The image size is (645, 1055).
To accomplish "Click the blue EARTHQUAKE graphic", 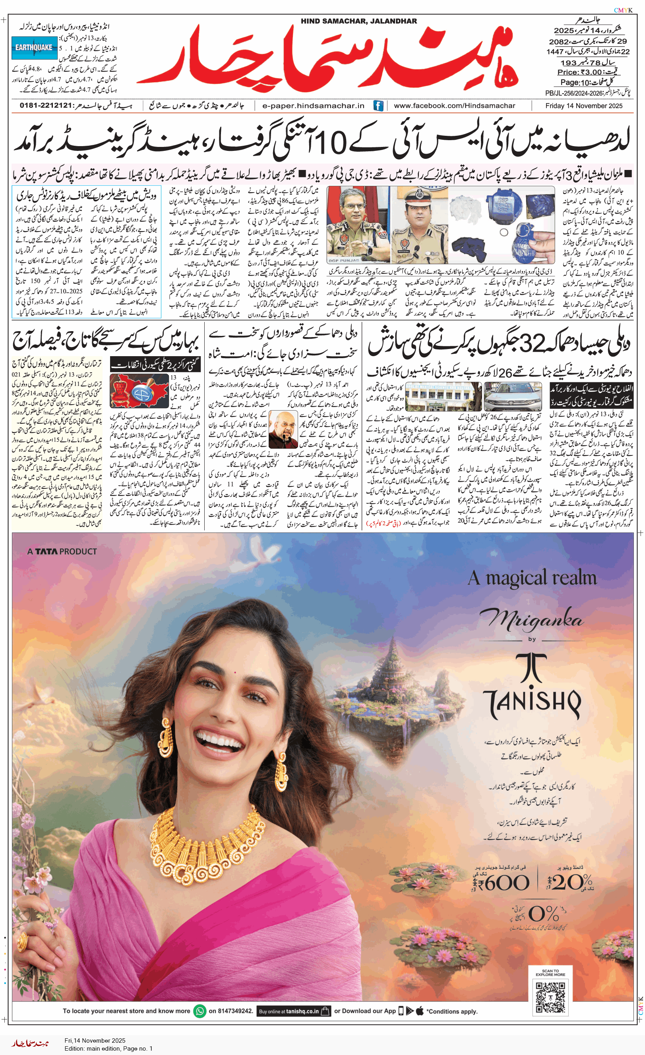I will point(34,48).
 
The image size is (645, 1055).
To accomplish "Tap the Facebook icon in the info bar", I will point(378,106).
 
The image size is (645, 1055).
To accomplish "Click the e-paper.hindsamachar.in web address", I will point(313,106).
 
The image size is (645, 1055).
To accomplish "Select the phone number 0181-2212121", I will point(45,105).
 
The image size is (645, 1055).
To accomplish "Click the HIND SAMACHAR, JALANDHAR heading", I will point(359,21).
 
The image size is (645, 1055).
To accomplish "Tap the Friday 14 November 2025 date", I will point(584,106).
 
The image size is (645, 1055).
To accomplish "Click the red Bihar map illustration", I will point(139,390).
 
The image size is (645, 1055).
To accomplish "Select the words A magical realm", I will point(532,578).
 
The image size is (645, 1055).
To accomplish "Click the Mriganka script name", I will point(532,619).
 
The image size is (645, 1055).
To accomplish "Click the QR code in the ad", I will point(550,997).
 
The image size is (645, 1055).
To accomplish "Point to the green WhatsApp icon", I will point(200,1011).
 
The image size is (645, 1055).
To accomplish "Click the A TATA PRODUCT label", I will point(62,552).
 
